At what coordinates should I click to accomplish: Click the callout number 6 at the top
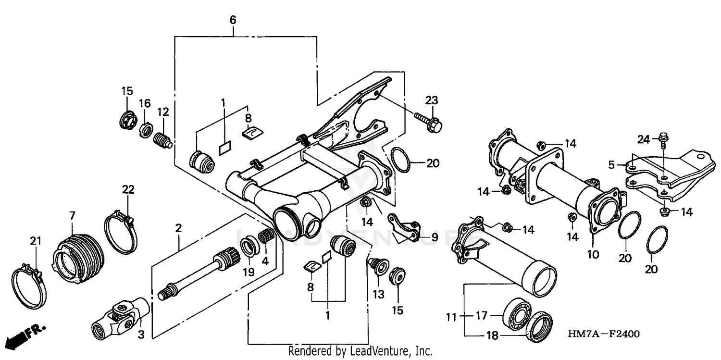pyautogui.click(x=233, y=20)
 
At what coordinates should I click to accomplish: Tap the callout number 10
pyautogui.click(x=593, y=254)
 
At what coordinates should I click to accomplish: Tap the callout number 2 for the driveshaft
pyautogui.click(x=178, y=228)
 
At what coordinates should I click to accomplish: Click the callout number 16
pyautogui.click(x=145, y=103)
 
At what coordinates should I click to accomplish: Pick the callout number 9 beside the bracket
pyautogui.click(x=435, y=237)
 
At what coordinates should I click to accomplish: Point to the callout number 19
pyautogui.click(x=248, y=273)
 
